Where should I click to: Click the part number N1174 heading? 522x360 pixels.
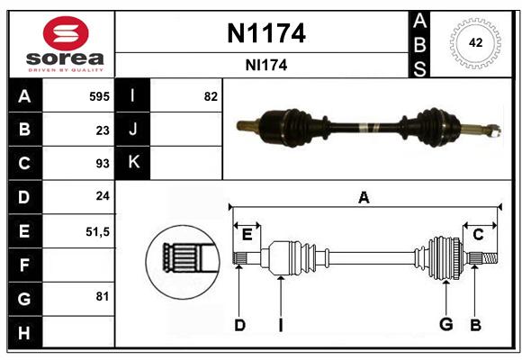[x=266, y=33]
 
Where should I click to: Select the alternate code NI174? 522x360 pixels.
[x=266, y=66]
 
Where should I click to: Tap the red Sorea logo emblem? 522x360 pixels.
[x=66, y=33]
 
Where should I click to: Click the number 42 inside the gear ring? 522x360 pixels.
[x=475, y=42]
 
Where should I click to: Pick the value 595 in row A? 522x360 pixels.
[x=99, y=96]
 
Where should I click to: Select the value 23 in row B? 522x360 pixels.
[x=103, y=130]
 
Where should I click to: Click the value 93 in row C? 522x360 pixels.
[x=103, y=164]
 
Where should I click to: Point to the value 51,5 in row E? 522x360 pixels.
[x=97, y=232]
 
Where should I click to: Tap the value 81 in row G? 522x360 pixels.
[x=103, y=296]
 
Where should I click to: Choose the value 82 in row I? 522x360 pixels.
[x=211, y=96]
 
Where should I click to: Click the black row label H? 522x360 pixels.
[x=25, y=332]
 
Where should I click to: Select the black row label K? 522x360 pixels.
[x=132, y=163]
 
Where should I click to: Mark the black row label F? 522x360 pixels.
[x=25, y=265]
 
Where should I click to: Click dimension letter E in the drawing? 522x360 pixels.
[x=247, y=235]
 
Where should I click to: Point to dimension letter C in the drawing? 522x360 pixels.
[x=478, y=235]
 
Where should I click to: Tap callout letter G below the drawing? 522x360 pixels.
[x=446, y=324]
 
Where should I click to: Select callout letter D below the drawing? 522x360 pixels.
[x=240, y=325]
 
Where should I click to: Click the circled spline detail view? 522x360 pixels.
[x=183, y=262]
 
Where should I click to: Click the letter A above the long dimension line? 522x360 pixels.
[x=364, y=197]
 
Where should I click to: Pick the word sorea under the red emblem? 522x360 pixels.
[x=65, y=58]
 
